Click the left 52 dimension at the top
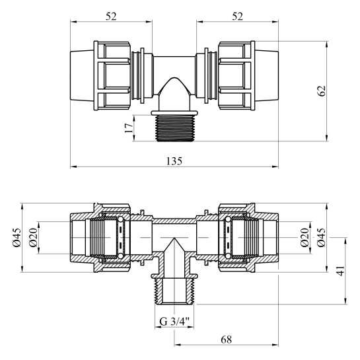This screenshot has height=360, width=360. (x=110, y=16)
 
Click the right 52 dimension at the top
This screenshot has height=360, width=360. (x=236, y=16)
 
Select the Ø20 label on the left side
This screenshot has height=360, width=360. (x=33, y=236)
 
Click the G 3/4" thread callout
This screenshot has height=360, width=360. (x=174, y=322)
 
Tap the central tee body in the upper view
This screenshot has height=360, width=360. (x=174, y=73)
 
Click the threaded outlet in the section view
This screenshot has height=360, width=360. (x=174, y=291)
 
